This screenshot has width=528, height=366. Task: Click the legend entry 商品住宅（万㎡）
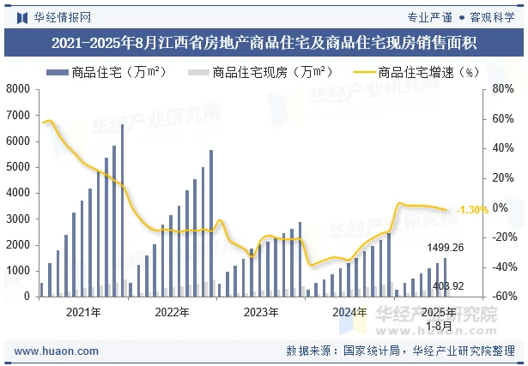point(103,72)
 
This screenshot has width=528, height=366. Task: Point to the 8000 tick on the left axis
point(18,89)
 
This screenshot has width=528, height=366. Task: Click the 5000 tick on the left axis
point(18,167)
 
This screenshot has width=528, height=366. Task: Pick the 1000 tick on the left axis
point(18,271)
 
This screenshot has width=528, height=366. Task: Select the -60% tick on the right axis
point(502,297)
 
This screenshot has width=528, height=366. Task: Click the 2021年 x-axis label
point(83,312)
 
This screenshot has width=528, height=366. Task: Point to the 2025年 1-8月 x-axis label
point(439,318)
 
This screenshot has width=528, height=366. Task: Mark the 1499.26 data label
point(446,248)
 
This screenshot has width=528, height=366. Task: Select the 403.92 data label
point(448,286)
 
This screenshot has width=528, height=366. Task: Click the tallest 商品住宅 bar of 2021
point(122,210)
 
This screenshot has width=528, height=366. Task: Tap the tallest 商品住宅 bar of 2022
point(211,223)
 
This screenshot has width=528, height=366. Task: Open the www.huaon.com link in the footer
point(51,351)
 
